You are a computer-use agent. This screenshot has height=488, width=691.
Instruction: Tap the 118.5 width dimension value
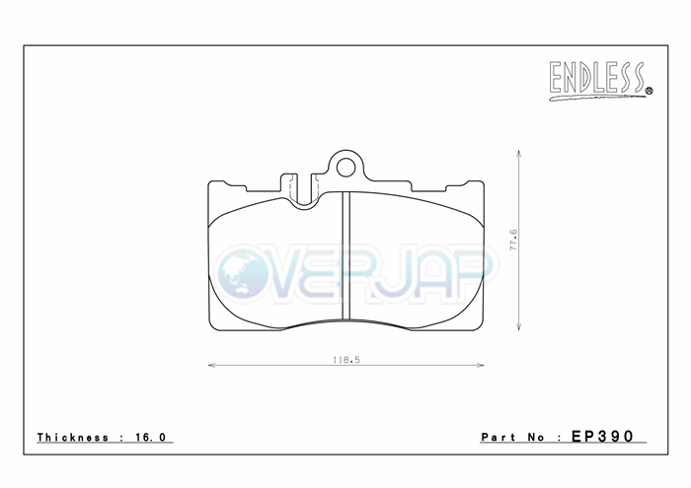345,360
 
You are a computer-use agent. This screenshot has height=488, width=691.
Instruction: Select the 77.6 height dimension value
513,240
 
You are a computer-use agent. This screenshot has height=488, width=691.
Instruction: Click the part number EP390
602,436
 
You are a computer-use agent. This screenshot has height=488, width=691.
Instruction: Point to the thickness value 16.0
151,437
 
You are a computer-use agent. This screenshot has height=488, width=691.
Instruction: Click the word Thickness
73,437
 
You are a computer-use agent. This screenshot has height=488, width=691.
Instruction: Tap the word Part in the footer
499,437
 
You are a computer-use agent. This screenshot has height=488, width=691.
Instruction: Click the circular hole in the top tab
345,168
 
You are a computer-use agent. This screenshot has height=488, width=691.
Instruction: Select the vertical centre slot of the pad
345,255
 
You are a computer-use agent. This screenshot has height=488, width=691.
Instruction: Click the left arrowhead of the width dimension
211,365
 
